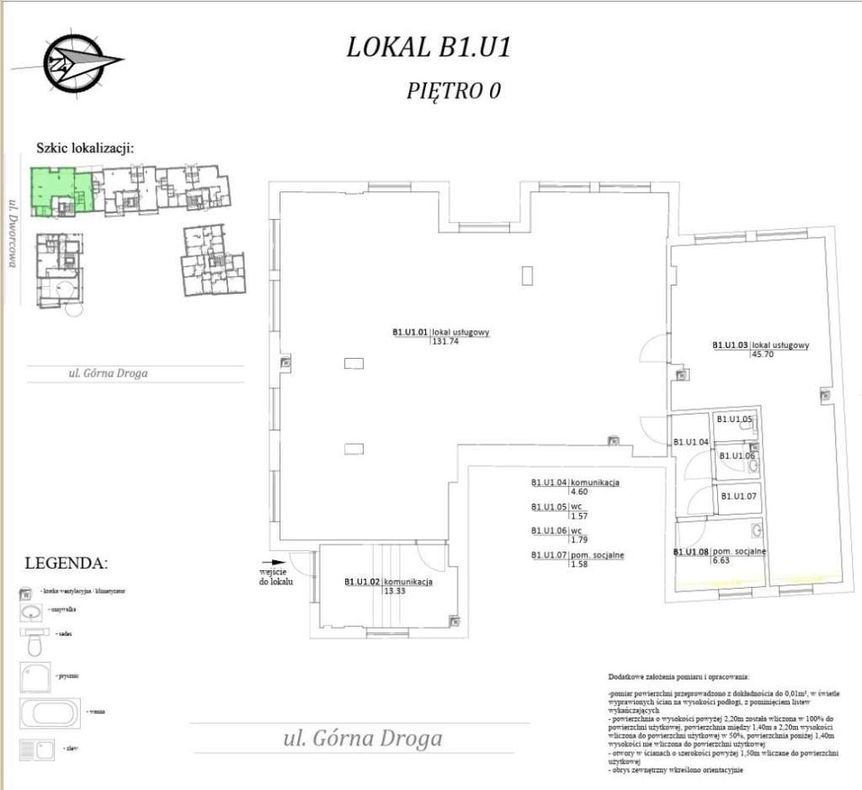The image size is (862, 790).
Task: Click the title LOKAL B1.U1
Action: pos(428,47)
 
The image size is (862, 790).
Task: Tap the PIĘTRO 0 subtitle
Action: pos(454,90)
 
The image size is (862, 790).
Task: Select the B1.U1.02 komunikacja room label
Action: pos(388,582)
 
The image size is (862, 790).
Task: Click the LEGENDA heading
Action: pos(67,563)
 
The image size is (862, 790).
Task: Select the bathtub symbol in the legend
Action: pos(49,713)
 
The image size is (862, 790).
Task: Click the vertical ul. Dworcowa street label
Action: pos(13,232)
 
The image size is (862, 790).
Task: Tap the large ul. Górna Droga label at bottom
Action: pos(363,739)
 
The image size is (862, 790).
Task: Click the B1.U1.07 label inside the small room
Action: pos(738,496)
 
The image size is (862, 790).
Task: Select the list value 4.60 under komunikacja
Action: pos(578,491)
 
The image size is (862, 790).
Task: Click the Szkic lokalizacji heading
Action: pos(85,147)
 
